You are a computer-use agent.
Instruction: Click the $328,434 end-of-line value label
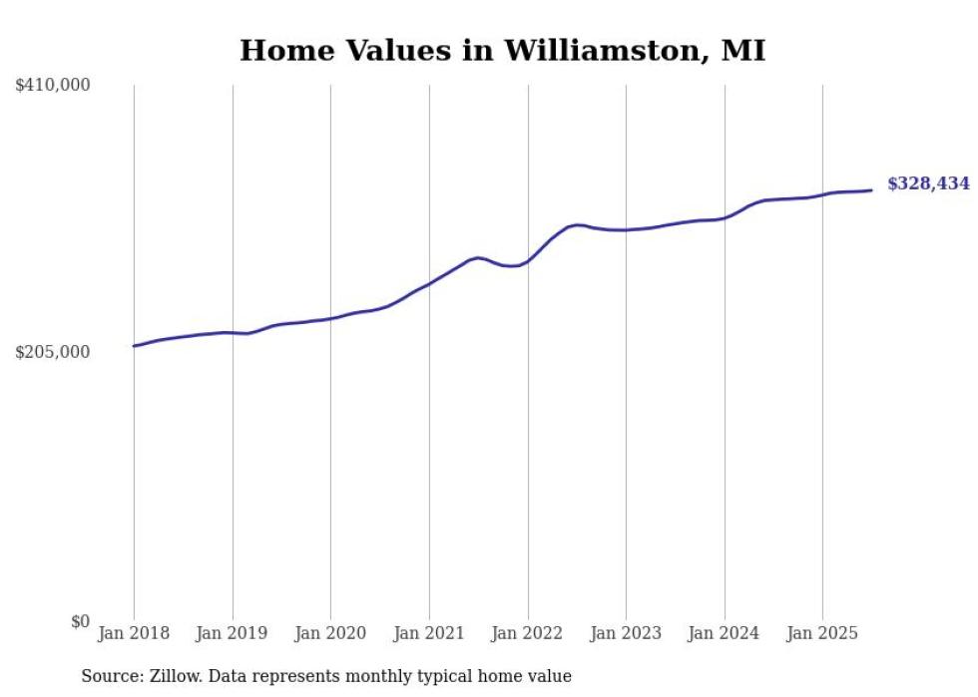pos(927,183)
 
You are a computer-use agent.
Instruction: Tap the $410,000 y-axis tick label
pos(53,86)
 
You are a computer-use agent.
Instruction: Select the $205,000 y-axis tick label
pos(53,352)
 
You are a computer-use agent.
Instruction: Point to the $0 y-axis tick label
pos(80,621)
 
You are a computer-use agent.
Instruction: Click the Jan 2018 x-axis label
pos(134,633)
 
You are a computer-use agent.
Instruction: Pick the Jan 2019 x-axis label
pos(233,633)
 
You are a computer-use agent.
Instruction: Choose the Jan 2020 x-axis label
pos(330,633)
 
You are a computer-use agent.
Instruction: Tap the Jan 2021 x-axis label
pos(429,633)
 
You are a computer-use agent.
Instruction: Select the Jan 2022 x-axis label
pos(528,633)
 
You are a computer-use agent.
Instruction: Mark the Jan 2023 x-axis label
pos(626,633)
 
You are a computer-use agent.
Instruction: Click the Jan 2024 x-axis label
pos(725,633)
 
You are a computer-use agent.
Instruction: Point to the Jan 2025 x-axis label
pos(822,633)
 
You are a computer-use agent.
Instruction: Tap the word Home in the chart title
pos(281,51)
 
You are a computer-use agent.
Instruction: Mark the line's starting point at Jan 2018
pos(134,346)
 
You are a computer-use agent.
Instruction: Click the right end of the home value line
pos(871,190)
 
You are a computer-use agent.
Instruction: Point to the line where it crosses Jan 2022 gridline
pos(528,260)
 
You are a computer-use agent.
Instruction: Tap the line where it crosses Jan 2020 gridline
pos(330,318)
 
